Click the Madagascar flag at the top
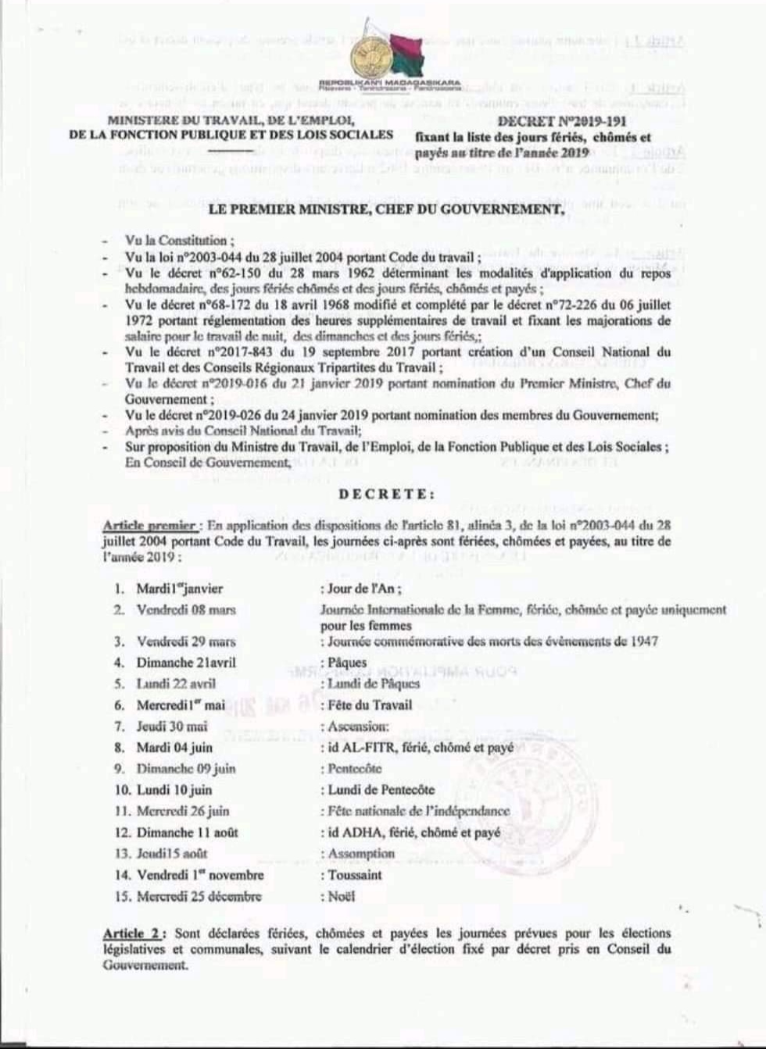[x=406, y=54]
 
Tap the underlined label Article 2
[x=134, y=933]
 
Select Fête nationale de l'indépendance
[x=417, y=811]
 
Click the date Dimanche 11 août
[x=187, y=833]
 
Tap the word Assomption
[x=361, y=854]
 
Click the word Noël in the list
[x=341, y=897]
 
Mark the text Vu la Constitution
[x=179, y=241]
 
